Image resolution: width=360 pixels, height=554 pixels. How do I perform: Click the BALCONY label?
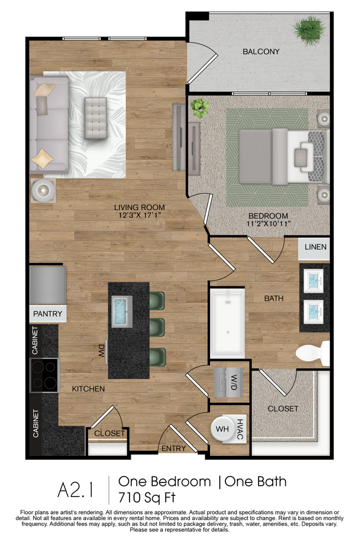coord(261,52)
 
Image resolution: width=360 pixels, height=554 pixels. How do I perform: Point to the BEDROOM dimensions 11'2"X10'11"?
coord(268,223)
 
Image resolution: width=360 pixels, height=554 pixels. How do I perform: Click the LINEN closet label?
coord(315,247)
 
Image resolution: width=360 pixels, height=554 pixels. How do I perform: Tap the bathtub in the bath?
coord(227,322)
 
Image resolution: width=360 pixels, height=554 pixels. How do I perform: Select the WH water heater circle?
coord(223,429)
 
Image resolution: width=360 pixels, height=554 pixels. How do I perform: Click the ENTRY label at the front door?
coord(173,449)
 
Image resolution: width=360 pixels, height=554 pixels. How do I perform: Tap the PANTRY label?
coord(48,314)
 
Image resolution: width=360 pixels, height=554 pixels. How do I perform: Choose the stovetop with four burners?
coord(44,375)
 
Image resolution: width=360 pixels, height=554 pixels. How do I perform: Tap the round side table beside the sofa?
coord(42,191)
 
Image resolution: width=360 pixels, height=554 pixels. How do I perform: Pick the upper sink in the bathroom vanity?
coord(313,280)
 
